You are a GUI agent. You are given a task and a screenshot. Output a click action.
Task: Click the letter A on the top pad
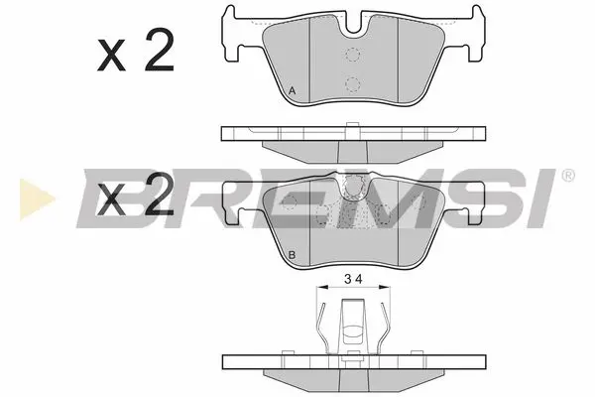[293, 92]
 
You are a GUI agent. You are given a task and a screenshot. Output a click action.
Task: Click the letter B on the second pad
[293, 257]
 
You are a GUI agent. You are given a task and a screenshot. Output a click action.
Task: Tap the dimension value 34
[352, 278]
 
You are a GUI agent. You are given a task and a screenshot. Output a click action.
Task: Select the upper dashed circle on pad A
[352, 57]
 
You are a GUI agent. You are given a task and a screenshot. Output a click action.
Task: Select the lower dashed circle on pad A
[352, 83]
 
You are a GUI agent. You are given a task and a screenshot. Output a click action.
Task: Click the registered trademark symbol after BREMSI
[566, 176]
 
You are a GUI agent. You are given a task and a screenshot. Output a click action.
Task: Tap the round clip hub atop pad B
[352, 185]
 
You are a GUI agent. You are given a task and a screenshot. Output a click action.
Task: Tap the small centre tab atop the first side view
[352, 125]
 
